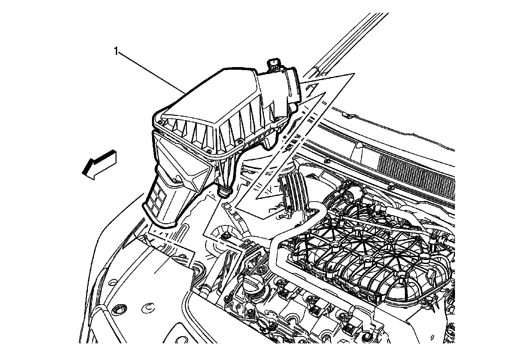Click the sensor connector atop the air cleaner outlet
274,64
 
